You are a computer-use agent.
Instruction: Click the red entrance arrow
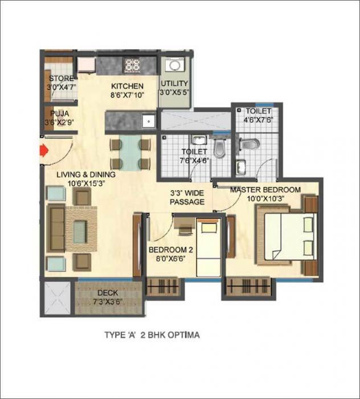point(42,151)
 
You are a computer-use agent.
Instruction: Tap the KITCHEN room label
point(127,86)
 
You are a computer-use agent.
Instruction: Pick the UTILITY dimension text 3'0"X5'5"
point(174,92)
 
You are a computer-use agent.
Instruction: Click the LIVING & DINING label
point(85,174)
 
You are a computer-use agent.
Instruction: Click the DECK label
point(108,292)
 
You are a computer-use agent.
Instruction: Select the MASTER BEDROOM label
point(265,190)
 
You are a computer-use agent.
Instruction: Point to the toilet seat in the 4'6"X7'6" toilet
point(249,144)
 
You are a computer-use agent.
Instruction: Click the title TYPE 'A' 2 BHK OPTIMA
point(152,335)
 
